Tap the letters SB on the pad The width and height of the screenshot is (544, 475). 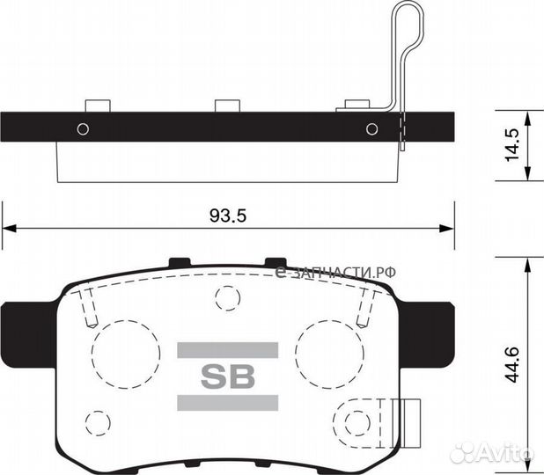coord(228,376)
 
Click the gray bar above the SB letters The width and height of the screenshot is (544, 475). coord(228,350)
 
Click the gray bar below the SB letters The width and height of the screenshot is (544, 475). coord(228,403)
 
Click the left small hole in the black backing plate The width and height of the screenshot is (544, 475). coord(83,129)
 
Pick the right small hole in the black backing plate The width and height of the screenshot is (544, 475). coord(371,129)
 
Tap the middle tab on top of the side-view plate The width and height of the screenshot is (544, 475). coord(228,106)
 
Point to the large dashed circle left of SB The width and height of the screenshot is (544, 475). coord(120,348)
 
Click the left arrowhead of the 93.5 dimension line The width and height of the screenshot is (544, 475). coord(9,230)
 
